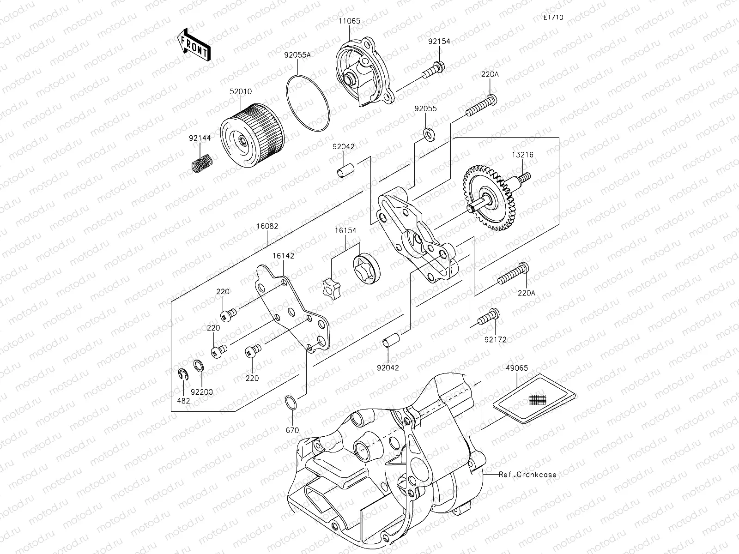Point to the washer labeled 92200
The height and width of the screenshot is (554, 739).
tap(198, 366)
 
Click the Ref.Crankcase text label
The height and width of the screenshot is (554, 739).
tap(527, 474)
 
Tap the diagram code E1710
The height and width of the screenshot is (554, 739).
tap(553, 18)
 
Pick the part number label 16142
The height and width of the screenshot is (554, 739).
tap(283, 255)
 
